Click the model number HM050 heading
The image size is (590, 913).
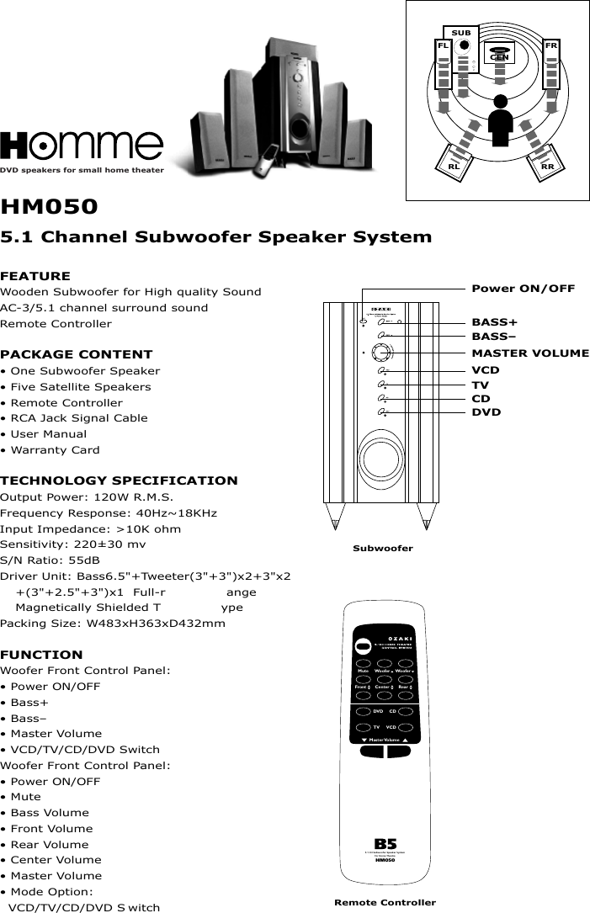click(50, 207)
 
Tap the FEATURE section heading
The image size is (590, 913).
click(35, 276)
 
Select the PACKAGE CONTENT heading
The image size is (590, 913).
click(77, 354)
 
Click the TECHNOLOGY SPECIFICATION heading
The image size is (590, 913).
click(120, 480)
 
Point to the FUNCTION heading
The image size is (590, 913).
click(42, 655)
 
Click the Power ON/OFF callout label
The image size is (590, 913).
click(523, 289)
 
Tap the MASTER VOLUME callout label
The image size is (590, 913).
click(530, 353)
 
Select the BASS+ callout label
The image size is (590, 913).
click(494, 321)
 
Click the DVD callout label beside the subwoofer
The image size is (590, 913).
click(486, 412)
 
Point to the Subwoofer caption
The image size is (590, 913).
click(382, 549)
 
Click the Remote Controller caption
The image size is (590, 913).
click(385, 903)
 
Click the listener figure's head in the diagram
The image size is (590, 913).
click(501, 102)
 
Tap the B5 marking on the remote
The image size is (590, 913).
click(385, 844)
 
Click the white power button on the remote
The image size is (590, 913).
click(362, 646)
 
